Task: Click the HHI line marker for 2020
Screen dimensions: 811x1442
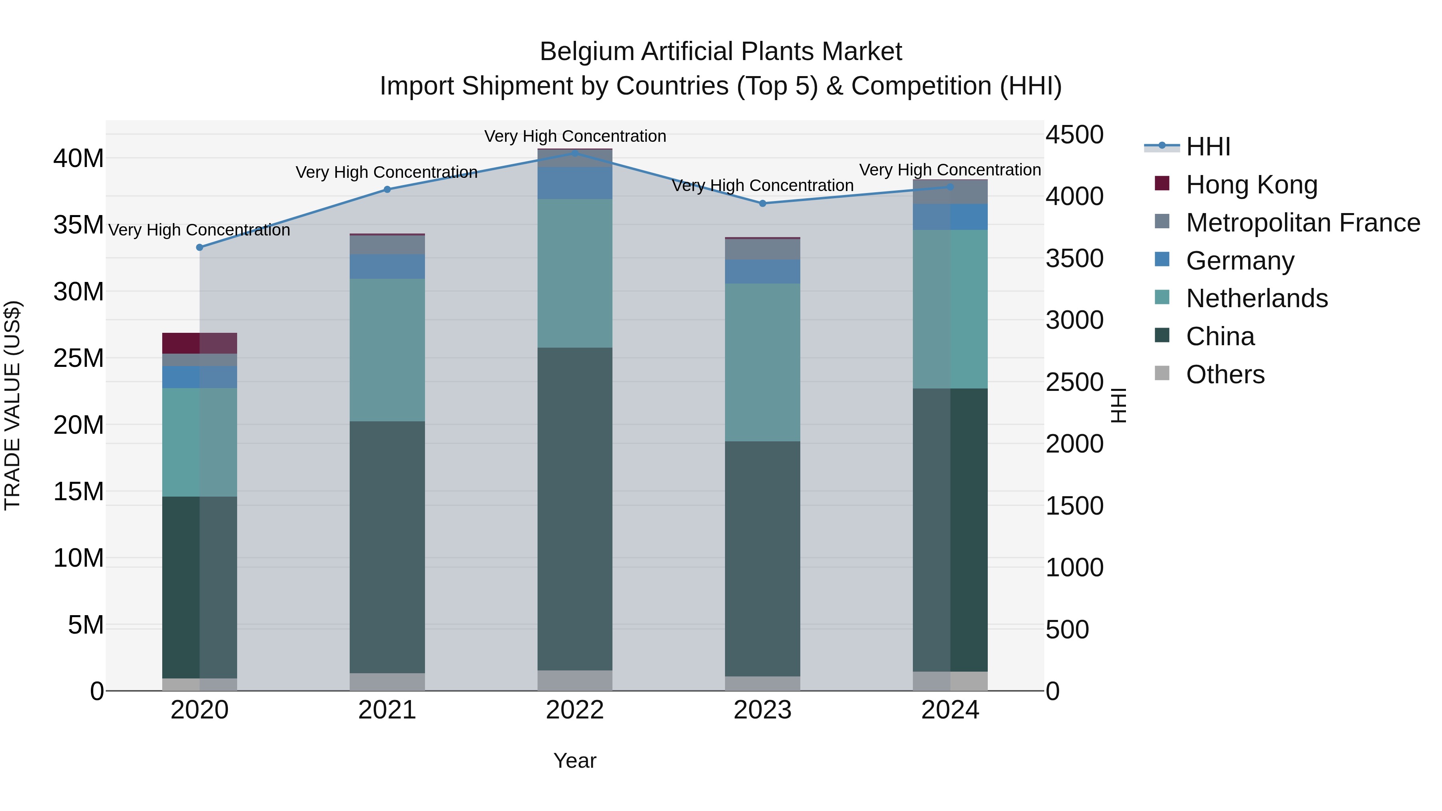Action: [200, 248]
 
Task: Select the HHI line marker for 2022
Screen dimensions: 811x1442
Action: [575, 153]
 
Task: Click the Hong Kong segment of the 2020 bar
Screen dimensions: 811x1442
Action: [199, 343]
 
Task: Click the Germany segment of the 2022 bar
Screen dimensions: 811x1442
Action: [575, 183]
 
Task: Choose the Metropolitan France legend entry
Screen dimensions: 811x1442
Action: [1303, 223]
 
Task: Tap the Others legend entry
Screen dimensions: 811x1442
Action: [1225, 374]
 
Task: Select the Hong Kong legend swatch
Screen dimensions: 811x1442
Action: [1162, 183]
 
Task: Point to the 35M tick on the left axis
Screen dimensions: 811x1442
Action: [79, 225]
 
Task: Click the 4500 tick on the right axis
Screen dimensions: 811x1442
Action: [1074, 135]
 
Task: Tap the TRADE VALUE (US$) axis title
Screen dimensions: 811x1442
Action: [13, 405]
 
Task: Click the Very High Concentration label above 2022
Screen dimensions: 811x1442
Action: [575, 136]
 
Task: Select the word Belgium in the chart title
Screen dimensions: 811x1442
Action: [587, 52]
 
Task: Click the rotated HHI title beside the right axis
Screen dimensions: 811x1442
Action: [1118, 405]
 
